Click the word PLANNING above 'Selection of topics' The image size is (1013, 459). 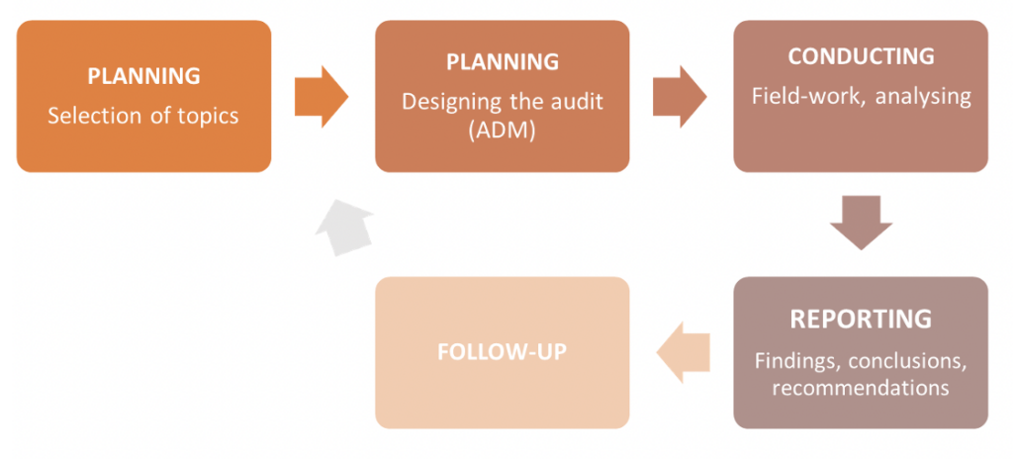(143, 76)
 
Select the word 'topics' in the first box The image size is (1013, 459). (206, 116)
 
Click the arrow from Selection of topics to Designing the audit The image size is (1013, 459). (322, 97)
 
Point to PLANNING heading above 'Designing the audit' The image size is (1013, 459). (502, 62)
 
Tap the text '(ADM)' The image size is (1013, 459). (502, 130)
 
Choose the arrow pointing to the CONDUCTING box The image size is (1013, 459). (680, 97)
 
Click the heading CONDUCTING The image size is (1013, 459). (861, 56)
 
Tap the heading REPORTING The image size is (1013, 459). (861, 320)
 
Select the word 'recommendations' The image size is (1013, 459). (861, 387)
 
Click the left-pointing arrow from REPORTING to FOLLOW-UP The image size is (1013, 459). (683, 354)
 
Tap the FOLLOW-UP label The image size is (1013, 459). (502, 352)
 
